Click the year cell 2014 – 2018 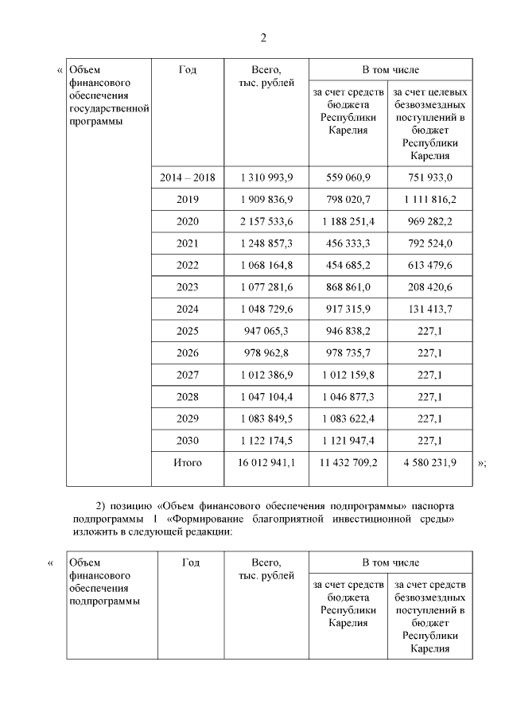tap(188, 177)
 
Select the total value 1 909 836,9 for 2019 tap(266, 199)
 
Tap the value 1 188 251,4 tap(348, 220)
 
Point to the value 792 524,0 tap(428, 243)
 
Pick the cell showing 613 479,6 tap(428, 264)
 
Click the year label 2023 tap(188, 286)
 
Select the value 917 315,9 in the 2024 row tap(348, 309)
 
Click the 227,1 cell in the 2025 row tap(428, 330)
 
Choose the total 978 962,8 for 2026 tap(266, 352)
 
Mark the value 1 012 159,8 tap(348, 374)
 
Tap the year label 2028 tap(188, 396)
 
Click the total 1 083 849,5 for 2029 tap(266, 418)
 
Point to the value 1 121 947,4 tap(348, 440)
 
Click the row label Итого tap(188, 461)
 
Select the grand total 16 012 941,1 tap(266, 461)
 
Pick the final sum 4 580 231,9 tap(428, 461)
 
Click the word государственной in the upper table tap(109, 107)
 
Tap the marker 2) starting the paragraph tap(101, 506)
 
